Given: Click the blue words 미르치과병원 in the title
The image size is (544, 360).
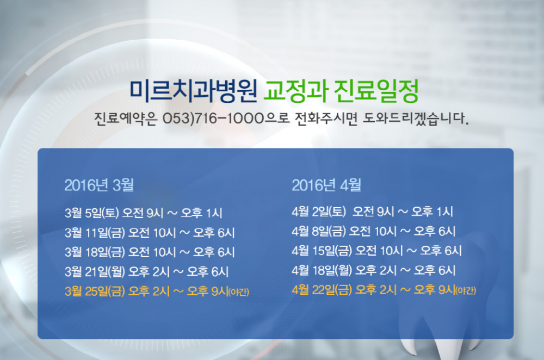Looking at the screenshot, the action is click(x=193, y=91).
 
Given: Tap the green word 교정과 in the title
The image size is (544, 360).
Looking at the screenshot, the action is click(x=295, y=91).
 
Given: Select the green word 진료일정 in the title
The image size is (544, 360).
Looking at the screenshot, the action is click(x=376, y=91).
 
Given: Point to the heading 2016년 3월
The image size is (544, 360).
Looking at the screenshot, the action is click(x=99, y=185).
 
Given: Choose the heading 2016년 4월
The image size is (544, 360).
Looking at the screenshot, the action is click(x=326, y=185).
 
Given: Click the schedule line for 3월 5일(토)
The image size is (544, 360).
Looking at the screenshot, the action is click(x=143, y=213).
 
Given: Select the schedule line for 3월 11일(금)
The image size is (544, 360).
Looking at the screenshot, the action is click(x=150, y=232).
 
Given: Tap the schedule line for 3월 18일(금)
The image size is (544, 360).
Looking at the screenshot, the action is click(x=150, y=252).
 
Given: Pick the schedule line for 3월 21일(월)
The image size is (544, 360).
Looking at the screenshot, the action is click(x=146, y=271).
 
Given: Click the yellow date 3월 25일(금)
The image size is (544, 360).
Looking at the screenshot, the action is click(x=95, y=291).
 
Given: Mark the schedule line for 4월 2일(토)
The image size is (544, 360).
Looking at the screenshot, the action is click(x=372, y=211).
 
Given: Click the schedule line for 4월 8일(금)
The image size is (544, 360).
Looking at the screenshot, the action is click(x=374, y=231).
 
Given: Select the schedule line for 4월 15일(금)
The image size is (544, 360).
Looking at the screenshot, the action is click(x=377, y=250).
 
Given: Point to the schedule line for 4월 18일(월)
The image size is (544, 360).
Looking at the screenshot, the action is click(x=374, y=270).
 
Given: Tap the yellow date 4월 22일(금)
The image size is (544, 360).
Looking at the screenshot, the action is click(x=322, y=290).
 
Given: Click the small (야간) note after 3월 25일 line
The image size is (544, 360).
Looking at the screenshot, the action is click(x=239, y=292).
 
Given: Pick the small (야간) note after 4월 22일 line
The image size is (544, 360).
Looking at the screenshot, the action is click(x=466, y=290).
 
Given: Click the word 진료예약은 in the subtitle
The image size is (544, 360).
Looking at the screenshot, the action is click(x=126, y=119).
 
